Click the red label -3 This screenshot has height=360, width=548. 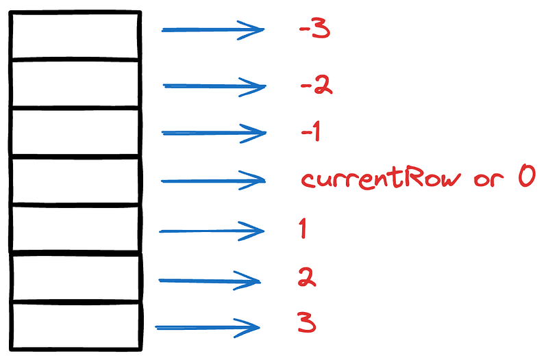(x=314, y=29)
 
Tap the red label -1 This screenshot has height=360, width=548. (x=311, y=131)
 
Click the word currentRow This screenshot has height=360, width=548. (x=381, y=178)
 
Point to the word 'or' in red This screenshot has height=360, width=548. (x=488, y=179)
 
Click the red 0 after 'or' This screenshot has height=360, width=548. (x=527, y=176)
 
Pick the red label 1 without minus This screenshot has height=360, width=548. (x=303, y=229)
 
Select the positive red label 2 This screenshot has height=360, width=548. (x=307, y=277)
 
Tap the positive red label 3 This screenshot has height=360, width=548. (x=306, y=322)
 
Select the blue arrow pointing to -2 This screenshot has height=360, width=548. (x=214, y=86)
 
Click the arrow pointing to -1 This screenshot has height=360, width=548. (x=214, y=133)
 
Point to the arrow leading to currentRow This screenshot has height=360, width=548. (x=213, y=181)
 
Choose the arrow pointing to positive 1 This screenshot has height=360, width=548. (x=212, y=231)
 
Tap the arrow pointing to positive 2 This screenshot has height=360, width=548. (x=210, y=281)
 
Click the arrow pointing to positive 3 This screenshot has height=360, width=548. (x=208, y=328)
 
